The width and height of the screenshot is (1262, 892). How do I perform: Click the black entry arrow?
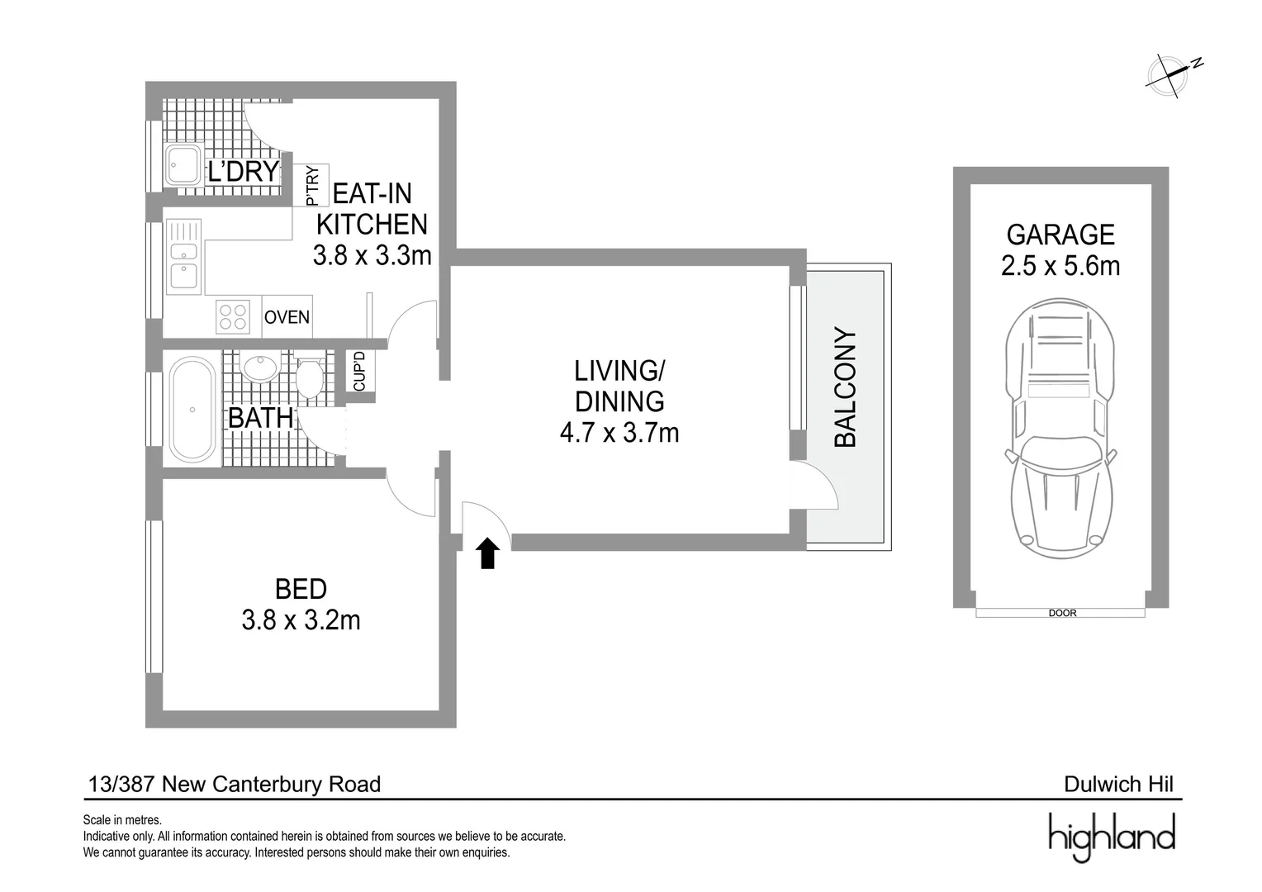488,553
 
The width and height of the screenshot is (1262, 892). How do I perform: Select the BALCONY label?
846,388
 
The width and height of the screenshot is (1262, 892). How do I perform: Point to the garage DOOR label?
1062,614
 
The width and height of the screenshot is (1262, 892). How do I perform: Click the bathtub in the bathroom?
192,409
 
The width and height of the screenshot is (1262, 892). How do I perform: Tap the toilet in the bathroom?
309,377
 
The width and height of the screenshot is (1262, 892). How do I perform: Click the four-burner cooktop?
233,316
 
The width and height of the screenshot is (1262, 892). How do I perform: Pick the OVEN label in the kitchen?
287,317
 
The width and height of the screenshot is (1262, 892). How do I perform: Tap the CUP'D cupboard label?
359,372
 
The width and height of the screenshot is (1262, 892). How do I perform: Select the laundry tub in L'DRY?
183,165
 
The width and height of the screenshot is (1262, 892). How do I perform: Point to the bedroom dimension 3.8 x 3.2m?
301,620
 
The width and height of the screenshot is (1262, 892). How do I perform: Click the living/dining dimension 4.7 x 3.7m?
619,433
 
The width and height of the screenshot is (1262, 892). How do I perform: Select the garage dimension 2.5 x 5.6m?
1060,266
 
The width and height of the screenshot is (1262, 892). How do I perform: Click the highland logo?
1112,836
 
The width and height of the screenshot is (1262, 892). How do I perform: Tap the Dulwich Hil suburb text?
1118,784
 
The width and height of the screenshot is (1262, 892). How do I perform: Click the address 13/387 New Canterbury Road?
235,784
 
